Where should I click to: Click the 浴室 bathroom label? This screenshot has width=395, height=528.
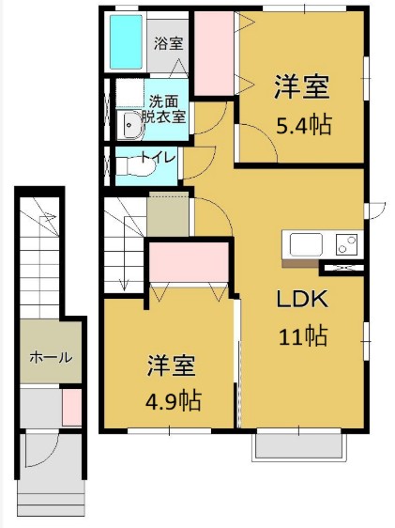point(169,43)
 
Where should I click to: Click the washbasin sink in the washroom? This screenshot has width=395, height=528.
point(129,122)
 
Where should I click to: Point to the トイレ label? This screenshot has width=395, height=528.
point(156,158)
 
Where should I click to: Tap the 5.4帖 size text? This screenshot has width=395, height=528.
point(301,124)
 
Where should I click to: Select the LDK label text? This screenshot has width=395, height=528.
point(300,299)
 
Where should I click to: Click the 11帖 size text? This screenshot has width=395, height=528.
point(300,334)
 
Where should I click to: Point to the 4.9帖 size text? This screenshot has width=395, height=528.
point(171,398)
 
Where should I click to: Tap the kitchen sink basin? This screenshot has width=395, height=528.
point(306,245)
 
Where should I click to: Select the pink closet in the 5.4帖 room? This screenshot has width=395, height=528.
point(214,54)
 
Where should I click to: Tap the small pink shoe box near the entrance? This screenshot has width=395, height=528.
point(71,408)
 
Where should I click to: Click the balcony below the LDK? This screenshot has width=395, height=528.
point(300,447)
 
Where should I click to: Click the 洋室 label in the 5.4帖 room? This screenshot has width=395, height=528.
point(301,87)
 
